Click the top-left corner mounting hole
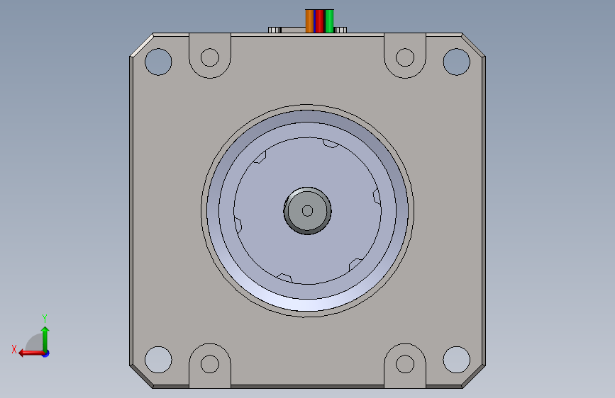158,62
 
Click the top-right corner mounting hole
457,62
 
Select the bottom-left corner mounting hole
158,360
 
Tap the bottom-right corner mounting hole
457,360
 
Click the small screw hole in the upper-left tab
210,57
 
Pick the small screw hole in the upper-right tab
405,57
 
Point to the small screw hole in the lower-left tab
210,364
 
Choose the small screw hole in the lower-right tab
405,364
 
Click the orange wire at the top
309,21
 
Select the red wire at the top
320,21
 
